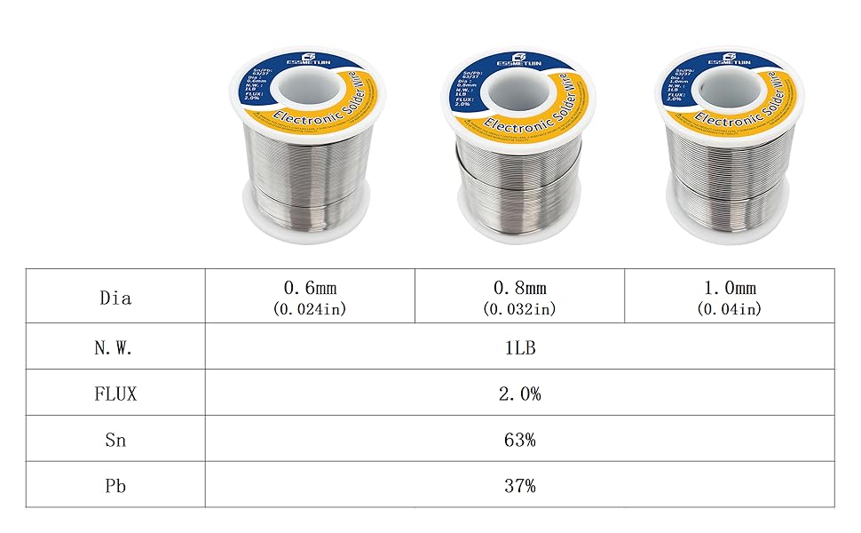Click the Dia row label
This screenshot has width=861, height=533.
[115, 298]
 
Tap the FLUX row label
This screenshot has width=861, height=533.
[115, 394]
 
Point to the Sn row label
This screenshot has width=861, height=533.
[115, 440]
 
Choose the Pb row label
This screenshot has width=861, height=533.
[115, 486]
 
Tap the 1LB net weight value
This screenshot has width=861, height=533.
[519, 347]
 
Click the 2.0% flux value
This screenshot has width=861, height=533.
[519, 394]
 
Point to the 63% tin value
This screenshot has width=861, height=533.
[519, 440]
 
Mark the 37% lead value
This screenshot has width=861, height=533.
[519, 486]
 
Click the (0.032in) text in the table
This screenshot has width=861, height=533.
[519, 309]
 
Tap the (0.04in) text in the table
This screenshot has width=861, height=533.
[729, 309]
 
